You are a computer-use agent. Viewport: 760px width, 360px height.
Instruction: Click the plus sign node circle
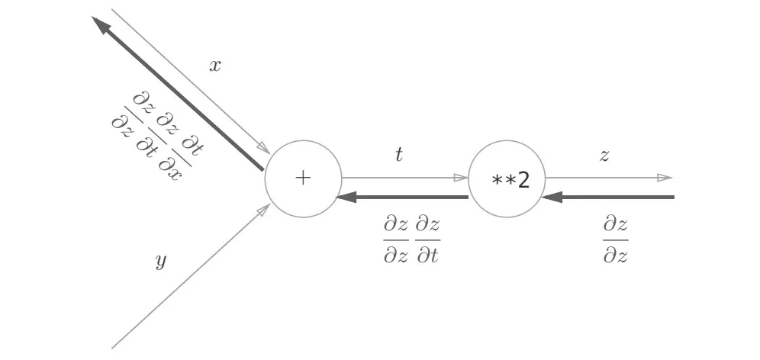pyautogui.click(x=303, y=179)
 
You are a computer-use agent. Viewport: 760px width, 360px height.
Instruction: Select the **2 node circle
pyautogui.click(x=506, y=179)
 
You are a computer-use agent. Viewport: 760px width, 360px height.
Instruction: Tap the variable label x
pyautogui.click(x=215, y=66)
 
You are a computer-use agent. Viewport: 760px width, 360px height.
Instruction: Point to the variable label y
pyautogui.click(x=160, y=262)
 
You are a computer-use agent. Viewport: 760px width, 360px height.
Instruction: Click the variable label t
pyautogui.click(x=398, y=155)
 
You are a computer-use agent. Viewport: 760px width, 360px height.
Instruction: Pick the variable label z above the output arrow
pyautogui.click(x=604, y=156)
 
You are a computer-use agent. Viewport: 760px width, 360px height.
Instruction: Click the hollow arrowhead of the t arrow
pyautogui.click(x=460, y=178)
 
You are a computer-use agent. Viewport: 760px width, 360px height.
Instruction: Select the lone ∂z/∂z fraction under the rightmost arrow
pyautogui.click(x=615, y=239)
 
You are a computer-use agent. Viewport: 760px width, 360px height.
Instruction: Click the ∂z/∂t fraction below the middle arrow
pyautogui.click(x=428, y=239)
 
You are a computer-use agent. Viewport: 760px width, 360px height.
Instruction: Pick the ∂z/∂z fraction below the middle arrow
pyautogui.click(x=396, y=239)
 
